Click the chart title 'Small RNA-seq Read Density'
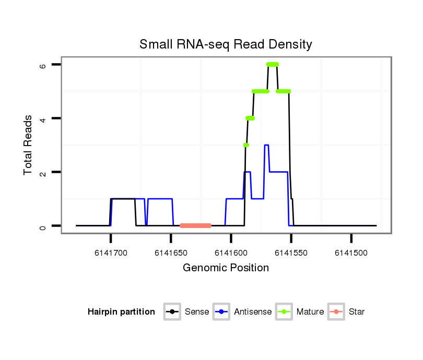226,44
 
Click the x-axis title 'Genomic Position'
226,268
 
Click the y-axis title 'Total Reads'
28,145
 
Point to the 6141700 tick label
111,253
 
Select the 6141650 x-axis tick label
171,253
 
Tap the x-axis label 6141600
231,253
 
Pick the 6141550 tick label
291,253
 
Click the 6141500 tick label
351,253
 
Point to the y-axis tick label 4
43,118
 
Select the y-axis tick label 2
43,172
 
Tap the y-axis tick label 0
43,226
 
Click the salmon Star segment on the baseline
195,225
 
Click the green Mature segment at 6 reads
272,64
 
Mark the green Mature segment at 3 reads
246,145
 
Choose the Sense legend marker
172,312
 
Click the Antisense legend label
253,312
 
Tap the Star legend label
357,312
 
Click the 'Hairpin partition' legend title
121,312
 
